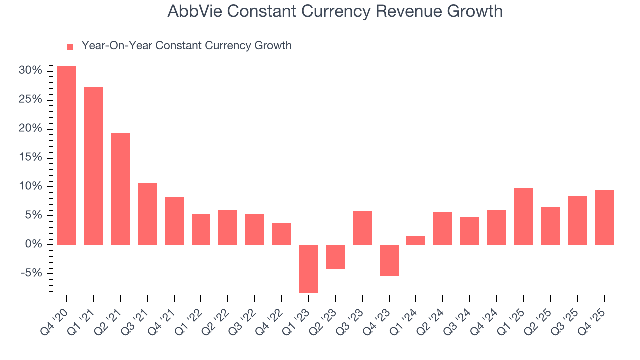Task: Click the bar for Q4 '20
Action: (x=67, y=155)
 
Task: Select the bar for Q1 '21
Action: (x=94, y=166)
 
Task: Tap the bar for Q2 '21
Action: (x=120, y=189)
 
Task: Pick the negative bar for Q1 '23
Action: (x=308, y=268)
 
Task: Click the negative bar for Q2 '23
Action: (x=335, y=257)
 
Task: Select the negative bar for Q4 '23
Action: (x=389, y=260)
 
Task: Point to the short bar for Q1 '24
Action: (x=416, y=240)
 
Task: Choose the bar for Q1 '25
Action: (x=523, y=216)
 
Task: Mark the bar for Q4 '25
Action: (x=604, y=217)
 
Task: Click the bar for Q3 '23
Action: (x=362, y=228)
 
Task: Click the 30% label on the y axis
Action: (x=30, y=71)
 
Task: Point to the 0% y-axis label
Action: (x=33, y=244)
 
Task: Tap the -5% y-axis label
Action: (x=31, y=273)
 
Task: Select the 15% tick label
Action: (x=30, y=158)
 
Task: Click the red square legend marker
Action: (x=70, y=47)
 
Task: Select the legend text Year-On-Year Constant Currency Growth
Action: (x=186, y=46)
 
